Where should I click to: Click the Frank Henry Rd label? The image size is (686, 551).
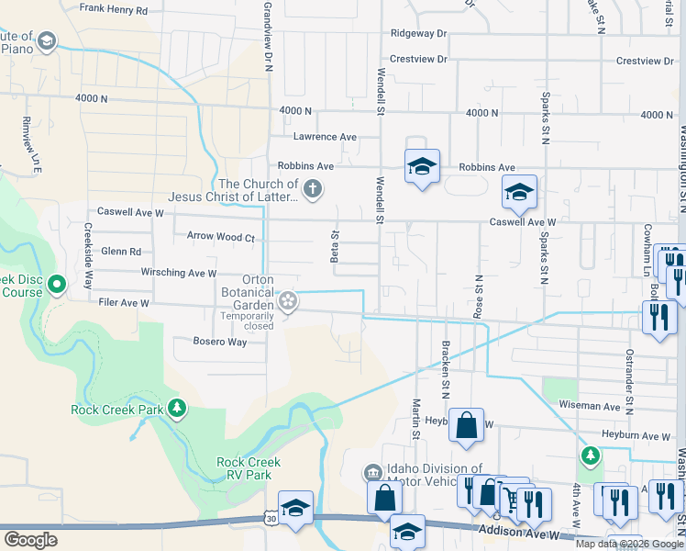point(114,9)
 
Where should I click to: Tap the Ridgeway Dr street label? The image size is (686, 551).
point(417,33)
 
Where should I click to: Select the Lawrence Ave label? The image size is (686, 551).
point(325,137)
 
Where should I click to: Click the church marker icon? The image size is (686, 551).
point(313,190)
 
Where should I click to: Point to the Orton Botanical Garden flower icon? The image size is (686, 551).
point(288,299)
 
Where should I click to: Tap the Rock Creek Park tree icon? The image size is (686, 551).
point(177,409)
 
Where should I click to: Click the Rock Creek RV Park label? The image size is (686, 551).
point(249,468)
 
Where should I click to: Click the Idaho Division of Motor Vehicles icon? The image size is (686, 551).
point(372,473)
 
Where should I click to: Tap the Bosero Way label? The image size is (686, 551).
point(220,342)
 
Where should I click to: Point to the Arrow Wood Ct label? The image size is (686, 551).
point(220,237)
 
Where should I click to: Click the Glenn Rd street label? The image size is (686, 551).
point(122,252)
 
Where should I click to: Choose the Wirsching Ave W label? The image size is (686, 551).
point(179,273)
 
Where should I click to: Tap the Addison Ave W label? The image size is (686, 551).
point(519,532)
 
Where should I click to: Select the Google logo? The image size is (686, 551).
point(30,540)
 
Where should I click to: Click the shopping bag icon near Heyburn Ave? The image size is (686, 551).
point(466,424)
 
